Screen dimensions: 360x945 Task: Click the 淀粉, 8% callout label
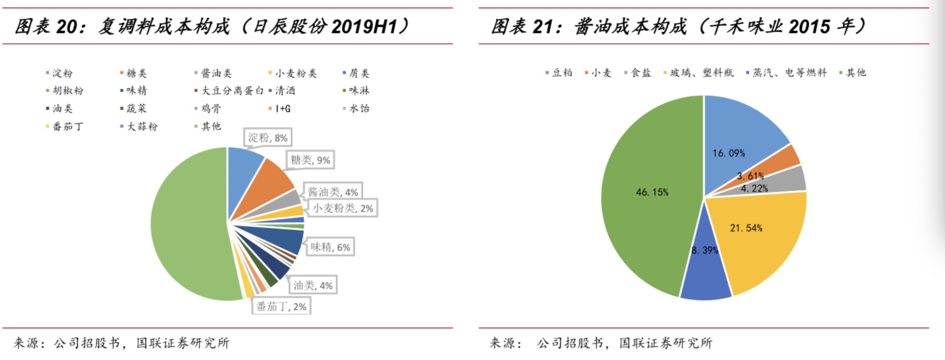[x=267, y=138]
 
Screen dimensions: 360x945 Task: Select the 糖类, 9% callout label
[x=310, y=160]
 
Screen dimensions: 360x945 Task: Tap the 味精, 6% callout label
[x=330, y=247]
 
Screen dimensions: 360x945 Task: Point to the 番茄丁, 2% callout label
[x=281, y=307]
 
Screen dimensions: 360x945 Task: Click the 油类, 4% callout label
[x=313, y=286]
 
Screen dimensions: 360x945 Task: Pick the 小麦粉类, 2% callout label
[x=343, y=208]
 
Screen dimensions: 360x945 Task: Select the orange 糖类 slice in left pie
[x=270, y=183]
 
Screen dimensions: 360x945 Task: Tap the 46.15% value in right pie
[x=652, y=192]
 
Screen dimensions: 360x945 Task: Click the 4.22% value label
[x=754, y=188]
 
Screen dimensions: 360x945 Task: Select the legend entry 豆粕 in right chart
[x=562, y=73]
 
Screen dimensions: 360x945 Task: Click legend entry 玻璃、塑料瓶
[x=701, y=73]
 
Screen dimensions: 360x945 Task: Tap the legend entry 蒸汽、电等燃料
[x=789, y=73]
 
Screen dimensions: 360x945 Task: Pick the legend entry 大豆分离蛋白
[x=232, y=90]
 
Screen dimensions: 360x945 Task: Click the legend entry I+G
[x=282, y=109]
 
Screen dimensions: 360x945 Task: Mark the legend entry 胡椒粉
[x=68, y=90]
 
